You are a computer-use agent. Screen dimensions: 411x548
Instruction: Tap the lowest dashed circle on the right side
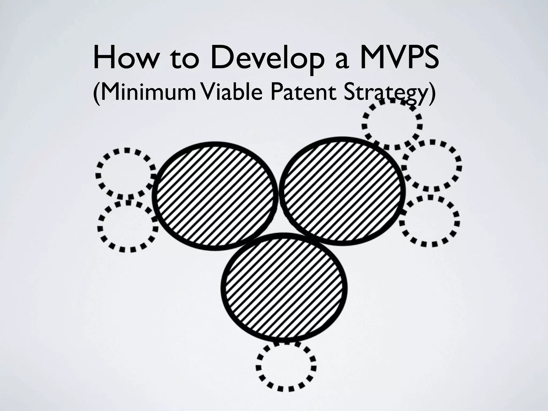pyautogui.click(x=430, y=221)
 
